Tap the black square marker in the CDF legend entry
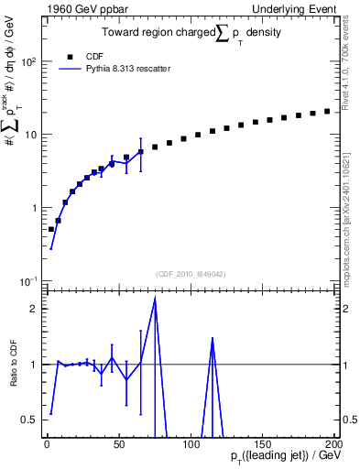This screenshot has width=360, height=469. point(70,56)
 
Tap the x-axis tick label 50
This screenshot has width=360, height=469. point(118,443)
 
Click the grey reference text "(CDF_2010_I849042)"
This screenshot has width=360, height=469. point(191,273)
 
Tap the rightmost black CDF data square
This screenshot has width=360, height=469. point(327,111)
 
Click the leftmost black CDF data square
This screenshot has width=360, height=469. point(51,229)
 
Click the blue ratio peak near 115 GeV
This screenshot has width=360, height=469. point(213,338)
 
